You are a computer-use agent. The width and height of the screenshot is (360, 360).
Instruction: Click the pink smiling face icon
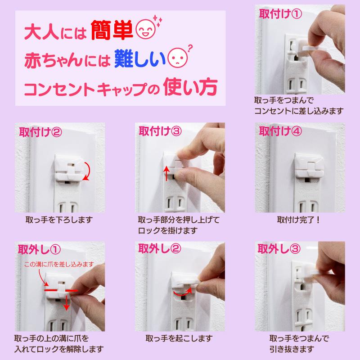click(x=146, y=29)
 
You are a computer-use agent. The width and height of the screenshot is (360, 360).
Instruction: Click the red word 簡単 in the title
click(x=112, y=30)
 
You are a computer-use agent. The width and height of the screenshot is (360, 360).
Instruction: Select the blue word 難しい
click(x=140, y=58)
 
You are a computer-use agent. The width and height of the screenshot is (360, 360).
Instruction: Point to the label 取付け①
click(x=280, y=14)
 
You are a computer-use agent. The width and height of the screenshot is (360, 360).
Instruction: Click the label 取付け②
click(x=40, y=132)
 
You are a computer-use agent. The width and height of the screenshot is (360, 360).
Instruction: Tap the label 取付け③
click(x=160, y=131)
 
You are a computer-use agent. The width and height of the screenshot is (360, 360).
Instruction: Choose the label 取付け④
click(x=280, y=131)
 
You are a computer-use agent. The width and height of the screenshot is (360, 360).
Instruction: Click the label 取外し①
click(x=39, y=249)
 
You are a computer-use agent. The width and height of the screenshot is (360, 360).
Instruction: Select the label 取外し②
click(x=160, y=248)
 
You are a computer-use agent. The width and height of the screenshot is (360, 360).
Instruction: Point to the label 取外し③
click(x=279, y=249)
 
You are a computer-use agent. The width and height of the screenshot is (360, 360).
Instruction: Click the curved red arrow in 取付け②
click(x=88, y=171)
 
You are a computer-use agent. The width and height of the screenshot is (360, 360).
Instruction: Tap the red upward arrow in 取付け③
click(x=166, y=174)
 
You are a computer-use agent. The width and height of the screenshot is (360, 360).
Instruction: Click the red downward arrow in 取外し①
click(x=66, y=302)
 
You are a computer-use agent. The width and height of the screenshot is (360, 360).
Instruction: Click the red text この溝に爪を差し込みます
click(x=59, y=264)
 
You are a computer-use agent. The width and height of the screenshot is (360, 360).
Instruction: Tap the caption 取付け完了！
click(x=298, y=220)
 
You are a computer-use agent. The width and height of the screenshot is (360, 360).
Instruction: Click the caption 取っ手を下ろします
click(x=59, y=220)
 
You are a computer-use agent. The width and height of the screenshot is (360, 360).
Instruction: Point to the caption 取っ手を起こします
click(x=179, y=338)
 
